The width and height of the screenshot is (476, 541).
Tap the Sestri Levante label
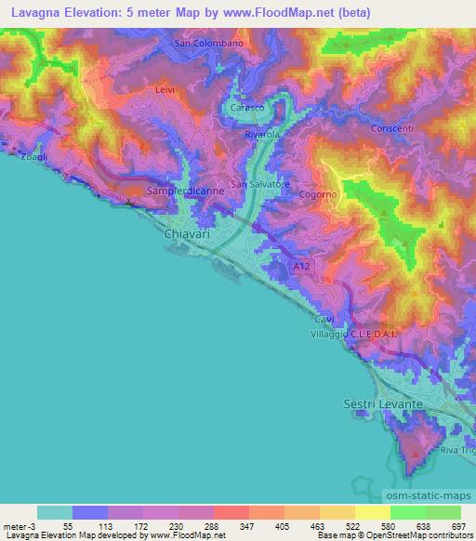378,405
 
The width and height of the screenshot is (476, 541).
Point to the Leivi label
165,89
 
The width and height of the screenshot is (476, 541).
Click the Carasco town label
246,109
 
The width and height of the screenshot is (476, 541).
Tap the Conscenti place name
398,129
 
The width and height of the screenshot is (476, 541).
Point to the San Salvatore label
261,185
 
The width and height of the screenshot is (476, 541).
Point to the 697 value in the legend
458,525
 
